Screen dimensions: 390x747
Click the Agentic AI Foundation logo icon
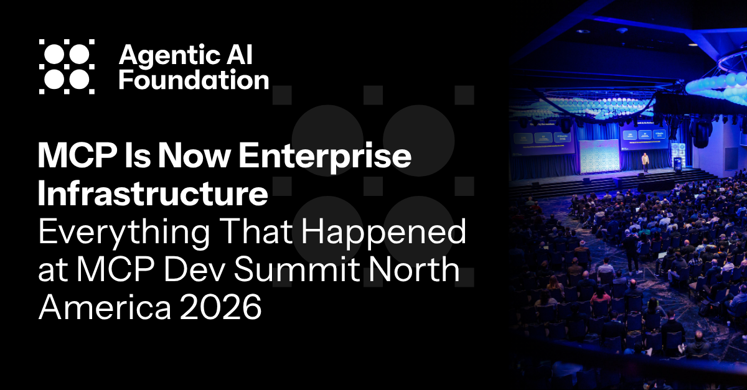click(67, 67)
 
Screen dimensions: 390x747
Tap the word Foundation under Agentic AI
click(194, 81)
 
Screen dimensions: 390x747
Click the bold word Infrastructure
click(153, 194)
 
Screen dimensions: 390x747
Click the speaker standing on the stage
click(646, 160)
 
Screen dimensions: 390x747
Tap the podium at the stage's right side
click(677, 164)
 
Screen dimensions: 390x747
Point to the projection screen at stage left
click(542, 139)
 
